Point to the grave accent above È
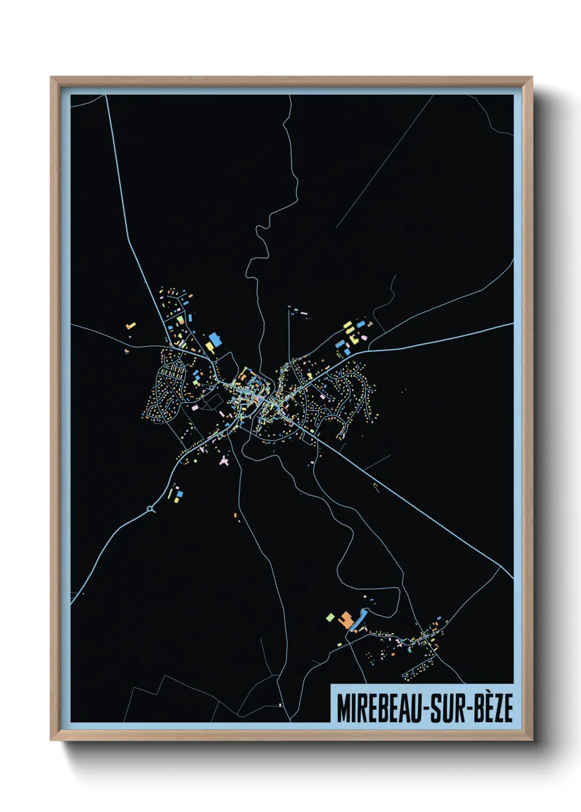coord(487,693)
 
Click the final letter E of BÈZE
coord(508,709)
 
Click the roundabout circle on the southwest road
coord(150,510)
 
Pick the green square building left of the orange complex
coord(329,617)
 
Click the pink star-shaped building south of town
coord(224,460)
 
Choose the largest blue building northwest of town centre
coord(215,339)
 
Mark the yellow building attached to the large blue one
coord(209,346)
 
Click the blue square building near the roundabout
coord(180,494)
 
